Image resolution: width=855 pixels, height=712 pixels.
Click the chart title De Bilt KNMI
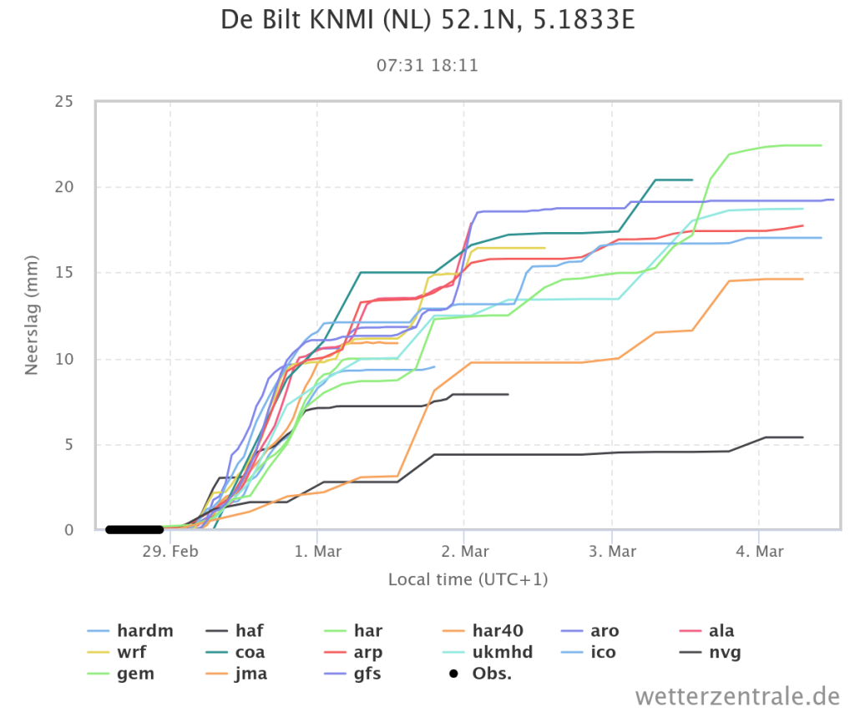pos(427,21)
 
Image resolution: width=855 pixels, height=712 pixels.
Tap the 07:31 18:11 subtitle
pos(427,65)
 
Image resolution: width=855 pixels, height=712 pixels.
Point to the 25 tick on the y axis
pos(63,101)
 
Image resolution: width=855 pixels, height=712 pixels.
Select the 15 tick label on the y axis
pos(63,273)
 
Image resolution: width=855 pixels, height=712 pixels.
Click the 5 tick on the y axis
pos(68,445)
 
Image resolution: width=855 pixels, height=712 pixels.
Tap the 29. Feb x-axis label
pos(170,551)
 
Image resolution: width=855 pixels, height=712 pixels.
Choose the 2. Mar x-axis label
pos(464,551)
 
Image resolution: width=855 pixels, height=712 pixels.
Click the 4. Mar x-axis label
pos(759,551)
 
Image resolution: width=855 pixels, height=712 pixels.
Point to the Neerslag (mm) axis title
pos(31,316)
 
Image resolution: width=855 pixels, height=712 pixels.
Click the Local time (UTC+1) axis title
pos(468,579)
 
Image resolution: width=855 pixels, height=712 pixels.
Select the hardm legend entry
pos(130,631)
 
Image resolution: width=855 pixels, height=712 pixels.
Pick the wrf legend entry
pos(117,652)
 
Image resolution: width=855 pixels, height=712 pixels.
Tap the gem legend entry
pos(120,674)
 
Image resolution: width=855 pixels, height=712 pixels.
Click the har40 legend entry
pos(483,631)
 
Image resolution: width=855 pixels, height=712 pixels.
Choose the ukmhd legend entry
pos(488,652)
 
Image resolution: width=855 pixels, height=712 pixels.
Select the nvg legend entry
pos(711,652)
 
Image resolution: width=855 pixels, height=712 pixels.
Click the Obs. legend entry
pos(480,674)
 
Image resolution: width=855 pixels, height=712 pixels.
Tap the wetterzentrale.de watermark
pos(737,696)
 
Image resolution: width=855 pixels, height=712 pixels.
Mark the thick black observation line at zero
pos(134,529)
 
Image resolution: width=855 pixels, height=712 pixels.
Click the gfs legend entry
pos(353,674)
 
